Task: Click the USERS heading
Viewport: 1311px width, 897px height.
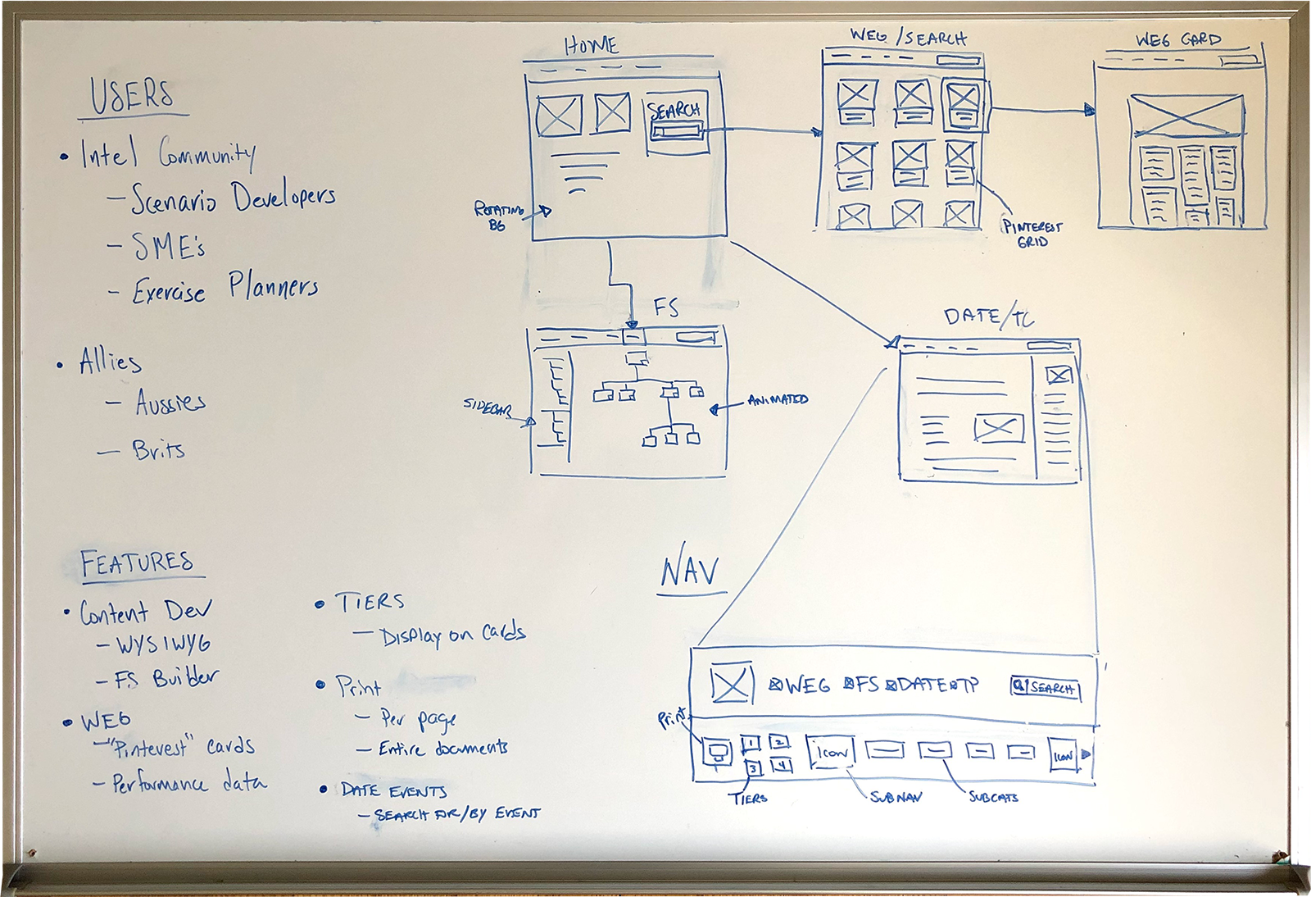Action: click(x=132, y=96)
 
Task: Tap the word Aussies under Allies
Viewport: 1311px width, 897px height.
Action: click(x=170, y=403)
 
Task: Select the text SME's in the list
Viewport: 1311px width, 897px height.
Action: click(x=168, y=246)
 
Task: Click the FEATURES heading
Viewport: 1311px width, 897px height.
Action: click(x=137, y=562)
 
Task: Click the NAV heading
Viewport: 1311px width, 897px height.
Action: click(x=690, y=571)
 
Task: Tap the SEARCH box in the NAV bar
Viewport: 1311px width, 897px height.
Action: click(x=1046, y=688)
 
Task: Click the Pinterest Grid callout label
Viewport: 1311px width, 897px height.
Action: click(x=1032, y=234)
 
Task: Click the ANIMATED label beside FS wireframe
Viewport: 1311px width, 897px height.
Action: click(x=778, y=400)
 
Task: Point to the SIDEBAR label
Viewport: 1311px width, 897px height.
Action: click(x=487, y=406)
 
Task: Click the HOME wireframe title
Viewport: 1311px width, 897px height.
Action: click(x=591, y=46)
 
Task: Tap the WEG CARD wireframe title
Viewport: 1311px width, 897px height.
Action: click(x=1177, y=39)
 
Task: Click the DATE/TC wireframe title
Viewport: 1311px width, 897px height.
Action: click(x=988, y=316)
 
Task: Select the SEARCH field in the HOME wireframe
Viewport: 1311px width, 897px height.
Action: click(x=676, y=130)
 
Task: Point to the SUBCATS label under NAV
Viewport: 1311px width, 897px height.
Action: click(x=993, y=797)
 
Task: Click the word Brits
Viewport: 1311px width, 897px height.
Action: click(x=158, y=449)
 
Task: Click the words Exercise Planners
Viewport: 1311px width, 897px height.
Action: click(x=225, y=289)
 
